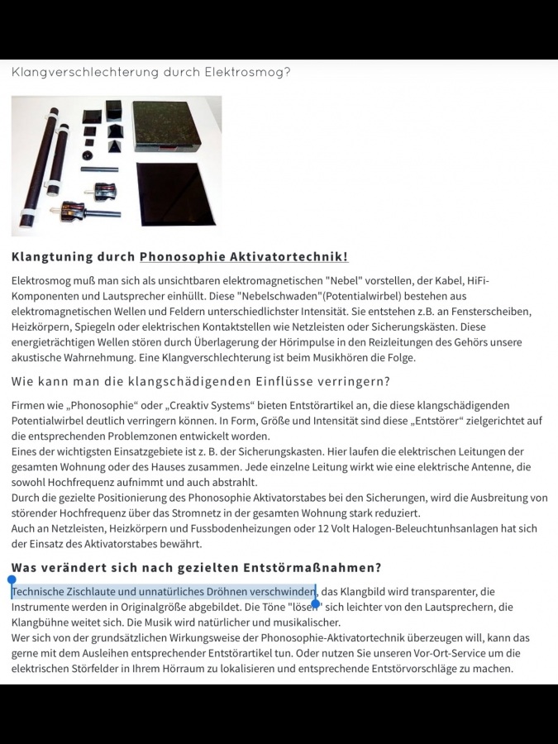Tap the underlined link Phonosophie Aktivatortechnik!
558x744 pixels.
tap(244, 257)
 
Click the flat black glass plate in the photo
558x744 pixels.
tap(175, 193)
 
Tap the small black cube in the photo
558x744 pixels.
tap(113, 111)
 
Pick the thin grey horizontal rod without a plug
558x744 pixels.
tap(99, 169)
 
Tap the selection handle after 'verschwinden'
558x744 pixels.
tap(315, 603)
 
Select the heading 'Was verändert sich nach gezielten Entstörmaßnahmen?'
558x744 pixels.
tap(197, 568)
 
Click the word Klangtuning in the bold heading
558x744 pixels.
tap(49, 257)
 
